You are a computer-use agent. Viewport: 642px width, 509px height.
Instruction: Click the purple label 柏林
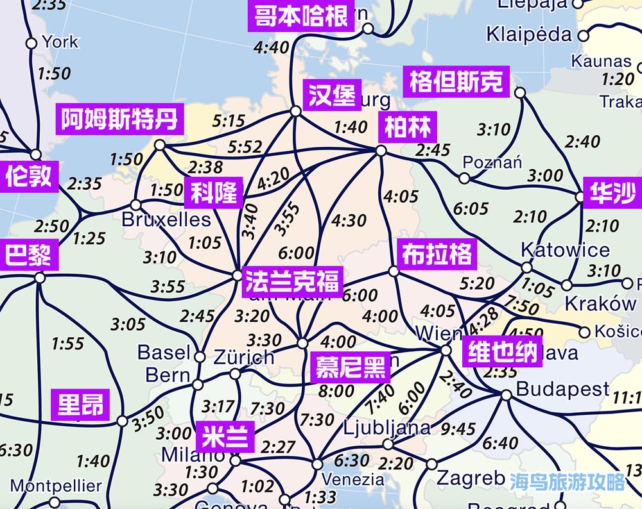coord(408,127)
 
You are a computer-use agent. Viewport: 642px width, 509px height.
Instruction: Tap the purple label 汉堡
coord(332,96)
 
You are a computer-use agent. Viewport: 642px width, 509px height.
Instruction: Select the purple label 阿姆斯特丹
coord(119,119)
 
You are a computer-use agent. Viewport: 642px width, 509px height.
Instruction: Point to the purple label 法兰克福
coord(292,281)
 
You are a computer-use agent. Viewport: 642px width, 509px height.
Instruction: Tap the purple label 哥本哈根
coord(301,16)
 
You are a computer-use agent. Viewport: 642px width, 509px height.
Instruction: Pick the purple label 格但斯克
coord(456,82)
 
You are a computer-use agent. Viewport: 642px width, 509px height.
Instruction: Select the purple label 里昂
coord(80,405)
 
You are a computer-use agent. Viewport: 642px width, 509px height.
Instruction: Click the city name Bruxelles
coord(166,220)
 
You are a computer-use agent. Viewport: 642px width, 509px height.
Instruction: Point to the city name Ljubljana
coord(387,427)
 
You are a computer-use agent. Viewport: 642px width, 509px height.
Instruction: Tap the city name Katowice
coord(565,249)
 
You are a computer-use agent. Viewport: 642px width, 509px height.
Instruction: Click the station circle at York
coord(31,43)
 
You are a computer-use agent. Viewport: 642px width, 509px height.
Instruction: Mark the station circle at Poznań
coord(464,178)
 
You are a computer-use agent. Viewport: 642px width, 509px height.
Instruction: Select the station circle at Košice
coord(584,332)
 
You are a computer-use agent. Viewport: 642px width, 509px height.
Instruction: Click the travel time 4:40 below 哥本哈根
coord(271,47)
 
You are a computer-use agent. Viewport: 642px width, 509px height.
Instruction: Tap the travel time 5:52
coord(245,147)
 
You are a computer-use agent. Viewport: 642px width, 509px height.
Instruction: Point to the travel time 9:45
coord(458,429)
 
